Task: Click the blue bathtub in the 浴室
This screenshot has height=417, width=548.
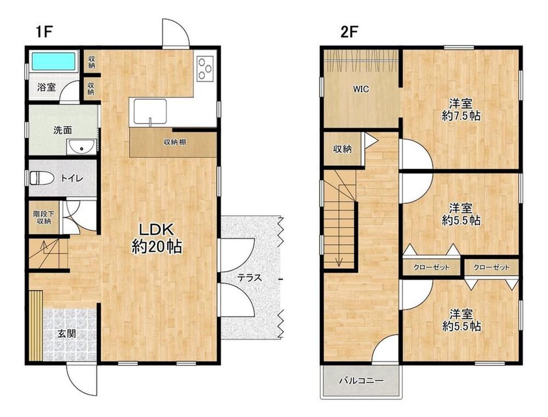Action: tap(54, 61)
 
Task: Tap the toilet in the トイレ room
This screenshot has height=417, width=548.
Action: tap(41, 178)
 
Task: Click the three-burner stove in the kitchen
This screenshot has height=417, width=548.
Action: tap(205, 69)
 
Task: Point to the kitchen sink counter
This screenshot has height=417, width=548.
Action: tap(149, 112)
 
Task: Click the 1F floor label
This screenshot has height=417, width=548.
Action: tap(44, 32)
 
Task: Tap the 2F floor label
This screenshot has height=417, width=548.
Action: tap(350, 32)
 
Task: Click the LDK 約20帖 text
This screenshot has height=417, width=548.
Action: tap(157, 239)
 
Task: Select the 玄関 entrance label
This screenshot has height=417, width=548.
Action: tap(67, 334)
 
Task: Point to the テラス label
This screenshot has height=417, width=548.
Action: tap(249, 278)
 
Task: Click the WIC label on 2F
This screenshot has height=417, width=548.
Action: tap(361, 89)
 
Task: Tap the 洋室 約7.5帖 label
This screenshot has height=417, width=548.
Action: tap(461, 110)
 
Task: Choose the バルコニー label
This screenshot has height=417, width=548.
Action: tap(361, 381)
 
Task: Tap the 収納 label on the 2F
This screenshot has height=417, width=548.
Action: tap(342, 149)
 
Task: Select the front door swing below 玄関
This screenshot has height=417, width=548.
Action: tap(81, 380)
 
